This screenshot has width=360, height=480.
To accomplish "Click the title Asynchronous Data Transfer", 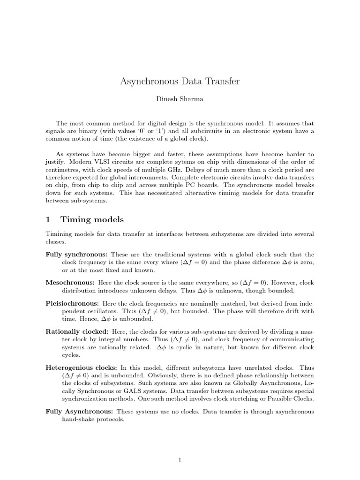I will pos(180,82).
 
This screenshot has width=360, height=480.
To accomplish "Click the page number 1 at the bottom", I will pos(180,461).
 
